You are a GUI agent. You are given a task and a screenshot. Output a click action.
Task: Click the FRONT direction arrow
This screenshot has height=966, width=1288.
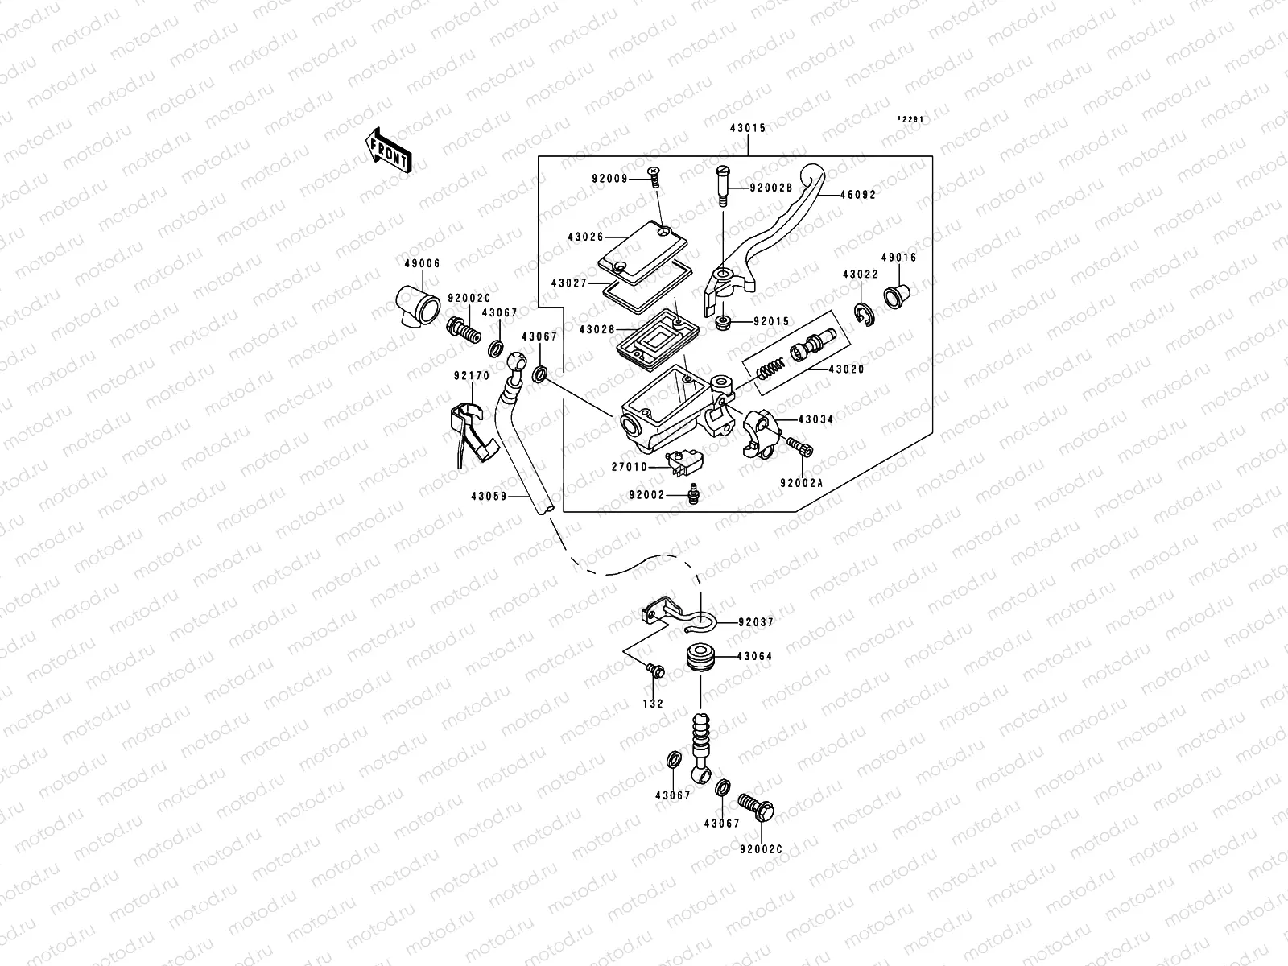pyautogui.click(x=390, y=151)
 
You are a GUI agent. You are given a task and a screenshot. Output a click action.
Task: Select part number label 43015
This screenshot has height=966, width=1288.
pyautogui.click(x=747, y=128)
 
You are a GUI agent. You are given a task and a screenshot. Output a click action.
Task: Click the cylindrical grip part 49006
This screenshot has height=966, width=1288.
pyautogui.click(x=419, y=304)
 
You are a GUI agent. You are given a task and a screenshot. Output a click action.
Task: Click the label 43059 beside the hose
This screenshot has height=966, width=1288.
pyautogui.click(x=488, y=497)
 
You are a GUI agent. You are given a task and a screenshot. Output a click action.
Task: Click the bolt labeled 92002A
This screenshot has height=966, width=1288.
pyautogui.click(x=803, y=448)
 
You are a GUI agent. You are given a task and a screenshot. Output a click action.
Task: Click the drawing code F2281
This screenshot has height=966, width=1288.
pyautogui.click(x=910, y=119)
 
